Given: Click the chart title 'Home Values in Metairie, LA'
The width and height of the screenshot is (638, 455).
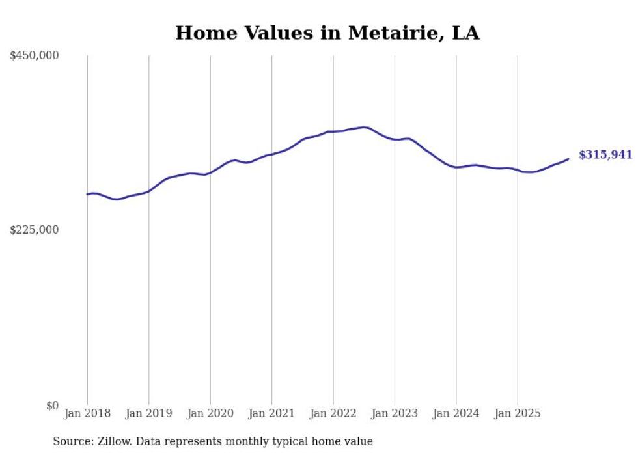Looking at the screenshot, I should pos(327,33).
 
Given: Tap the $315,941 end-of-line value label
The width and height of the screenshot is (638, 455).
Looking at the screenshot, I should pos(605,155).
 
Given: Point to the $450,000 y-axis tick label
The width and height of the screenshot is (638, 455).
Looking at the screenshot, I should pos(35,56).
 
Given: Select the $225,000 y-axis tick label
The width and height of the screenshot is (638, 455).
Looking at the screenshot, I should pos(35,230).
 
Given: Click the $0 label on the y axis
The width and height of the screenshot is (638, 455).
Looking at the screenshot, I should pos(52,406).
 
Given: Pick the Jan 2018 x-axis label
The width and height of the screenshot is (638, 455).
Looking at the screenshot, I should pos(87,413).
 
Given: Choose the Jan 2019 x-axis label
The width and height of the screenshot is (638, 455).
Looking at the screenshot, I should pos(149,413).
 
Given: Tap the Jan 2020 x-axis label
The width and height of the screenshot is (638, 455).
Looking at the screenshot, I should pos(210,413).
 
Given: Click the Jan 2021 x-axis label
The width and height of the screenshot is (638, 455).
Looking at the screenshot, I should pos(272,413).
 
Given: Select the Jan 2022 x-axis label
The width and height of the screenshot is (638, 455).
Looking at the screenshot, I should pos(333,413).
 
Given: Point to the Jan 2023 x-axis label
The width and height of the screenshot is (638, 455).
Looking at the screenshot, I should pos(395,413).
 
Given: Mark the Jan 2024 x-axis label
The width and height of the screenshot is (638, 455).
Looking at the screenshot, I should pos(456,413).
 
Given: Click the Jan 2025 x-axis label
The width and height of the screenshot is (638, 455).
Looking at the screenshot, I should pos(518,413).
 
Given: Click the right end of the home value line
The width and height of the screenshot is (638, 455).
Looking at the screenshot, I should pos(568,159).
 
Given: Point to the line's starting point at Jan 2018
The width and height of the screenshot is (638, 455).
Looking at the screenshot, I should pos(87,194).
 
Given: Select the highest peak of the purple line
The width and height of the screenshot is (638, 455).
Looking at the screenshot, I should pos(364,127).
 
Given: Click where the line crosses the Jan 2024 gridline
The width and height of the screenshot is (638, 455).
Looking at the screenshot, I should pos(456,167).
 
